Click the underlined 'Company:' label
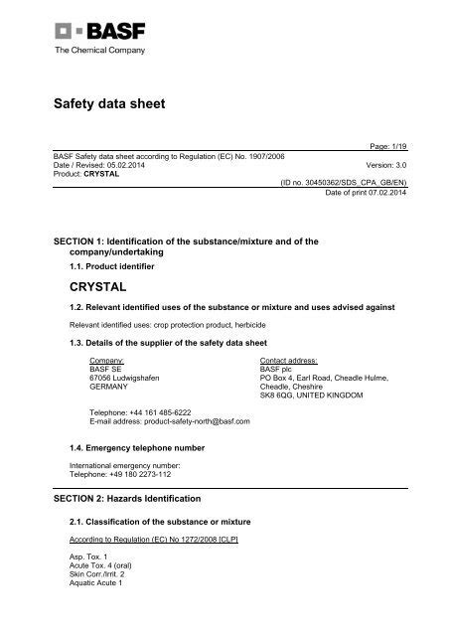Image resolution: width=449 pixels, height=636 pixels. pyautogui.click(x=106, y=360)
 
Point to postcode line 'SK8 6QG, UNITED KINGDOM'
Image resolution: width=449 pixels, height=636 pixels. pyautogui.click(x=312, y=396)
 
